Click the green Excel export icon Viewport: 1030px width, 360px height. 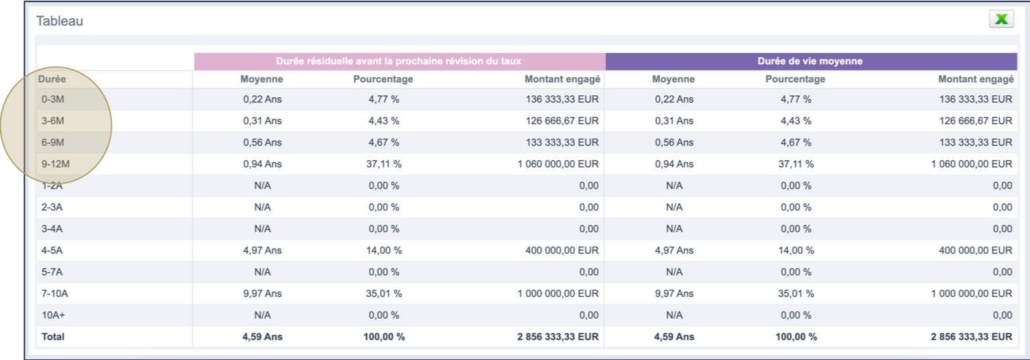(x=1001, y=19)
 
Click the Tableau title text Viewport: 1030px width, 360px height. (x=60, y=21)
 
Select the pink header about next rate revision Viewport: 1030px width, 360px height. (x=399, y=61)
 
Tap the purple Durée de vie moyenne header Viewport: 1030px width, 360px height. (x=810, y=61)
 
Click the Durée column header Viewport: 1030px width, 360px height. (x=52, y=79)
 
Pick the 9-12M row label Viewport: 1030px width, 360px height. (x=55, y=164)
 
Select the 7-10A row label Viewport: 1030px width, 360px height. (x=55, y=293)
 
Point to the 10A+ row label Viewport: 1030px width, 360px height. (x=52, y=314)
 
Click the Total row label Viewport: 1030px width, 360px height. (x=53, y=337)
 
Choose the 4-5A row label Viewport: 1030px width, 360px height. (x=52, y=250)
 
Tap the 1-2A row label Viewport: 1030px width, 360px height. (x=52, y=186)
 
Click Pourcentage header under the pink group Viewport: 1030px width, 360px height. (x=383, y=79)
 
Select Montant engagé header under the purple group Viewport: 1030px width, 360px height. (x=976, y=79)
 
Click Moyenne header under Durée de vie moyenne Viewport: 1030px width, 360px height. (x=673, y=79)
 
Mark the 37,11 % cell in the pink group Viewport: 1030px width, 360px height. (x=384, y=164)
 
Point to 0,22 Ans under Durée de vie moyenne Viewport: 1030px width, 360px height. (x=674, y=99)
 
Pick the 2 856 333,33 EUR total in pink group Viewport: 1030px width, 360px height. (x=558, y=337)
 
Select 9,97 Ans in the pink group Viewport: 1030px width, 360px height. (x=262, y=293)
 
